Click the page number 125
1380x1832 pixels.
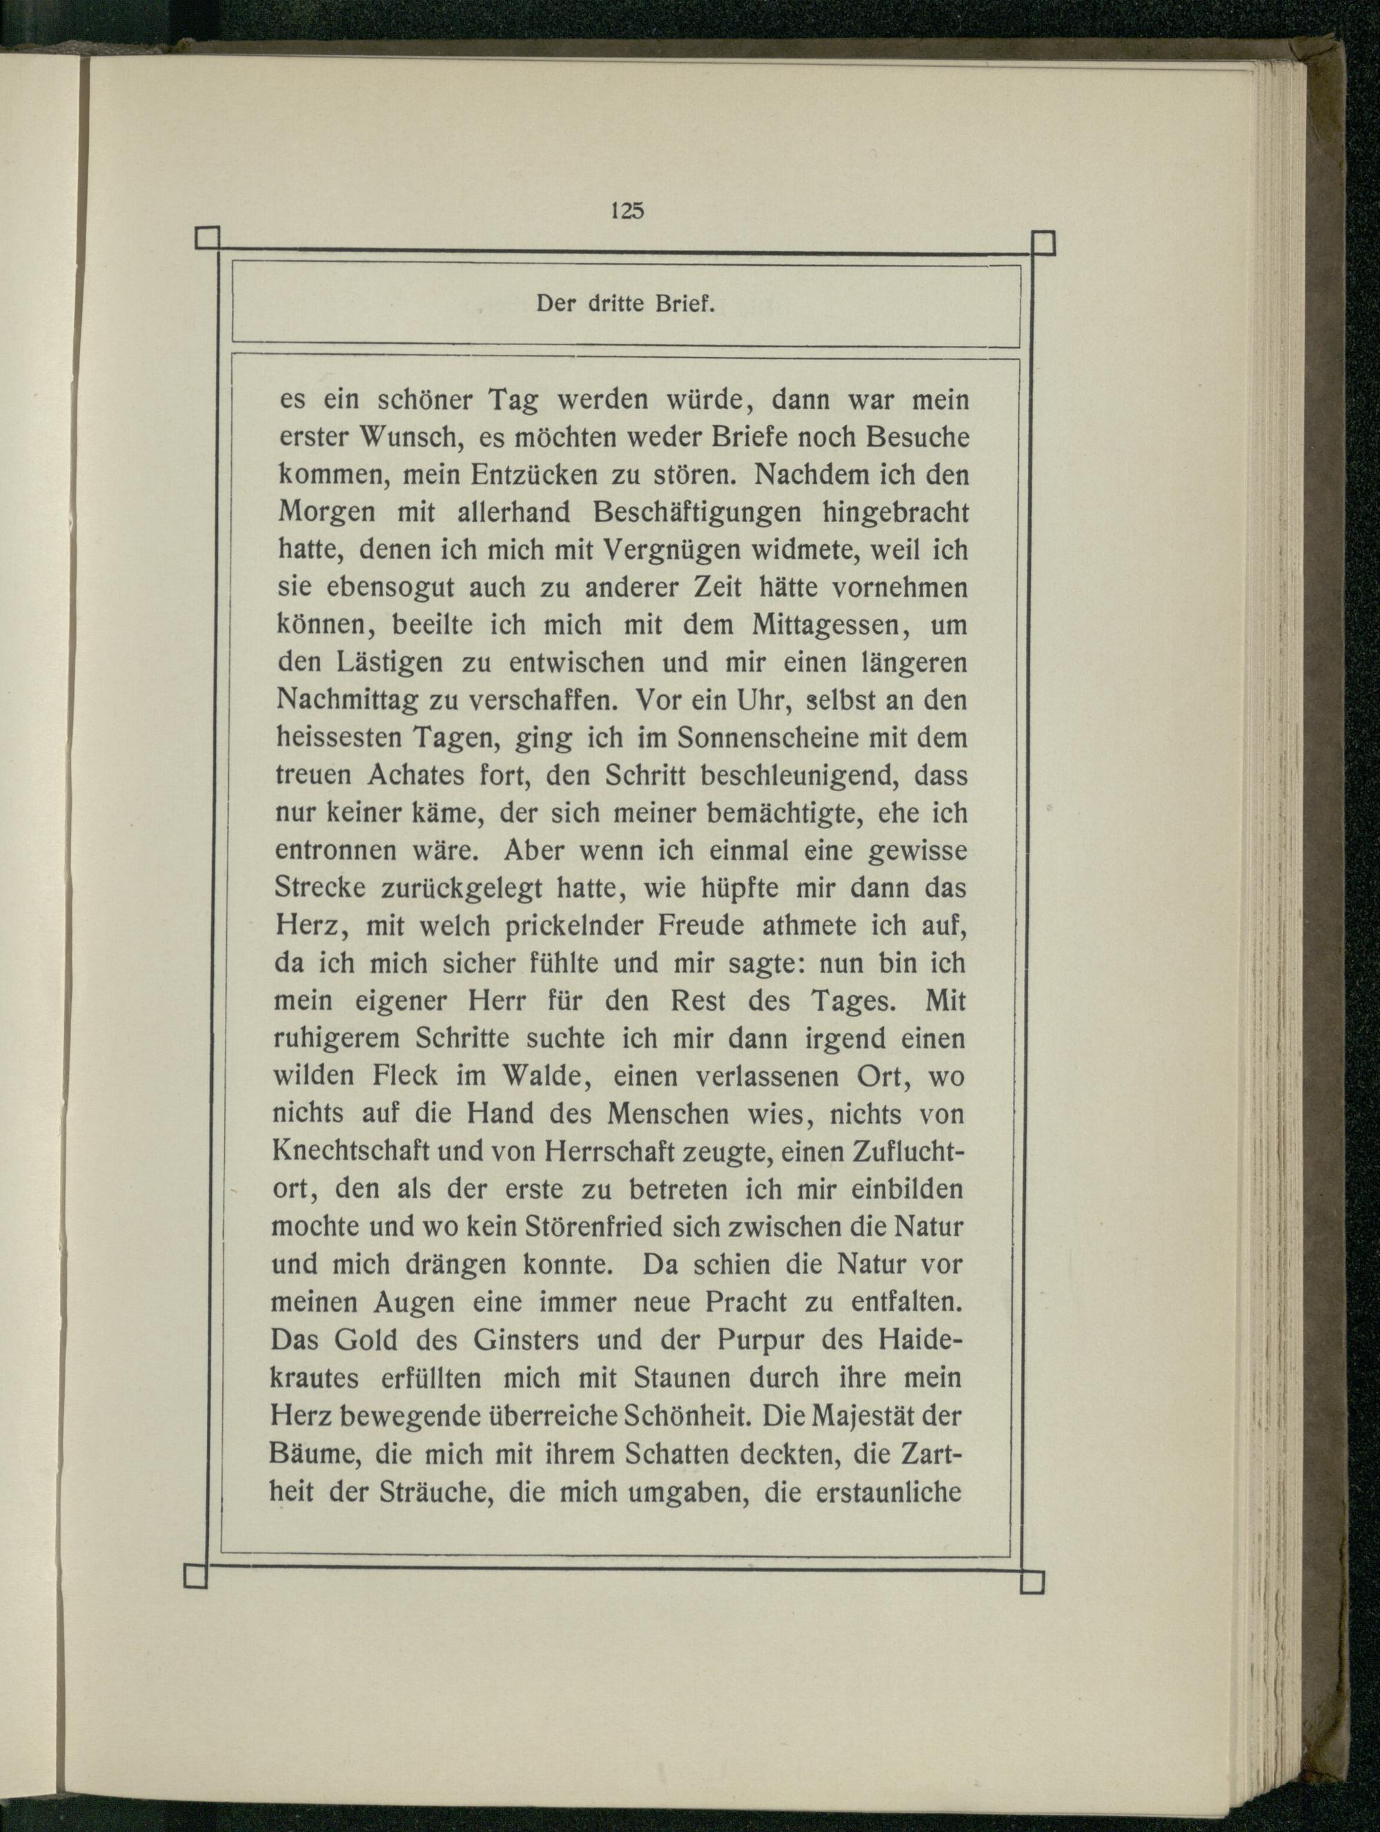(x=627, y=211)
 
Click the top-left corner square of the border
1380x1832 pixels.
(x=206, y=240)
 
